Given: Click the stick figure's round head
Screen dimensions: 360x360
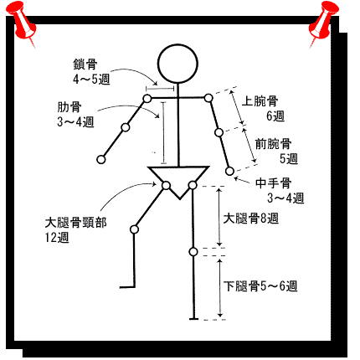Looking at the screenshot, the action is click(x=177, y=44).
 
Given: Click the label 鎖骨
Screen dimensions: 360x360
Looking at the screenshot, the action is click(x=85, y=64).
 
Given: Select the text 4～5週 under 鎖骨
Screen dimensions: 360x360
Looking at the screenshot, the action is click(x=91, y=80).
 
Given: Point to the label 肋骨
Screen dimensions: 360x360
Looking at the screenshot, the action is click(x=69, y=107).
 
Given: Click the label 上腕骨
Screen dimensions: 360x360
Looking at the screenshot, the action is click(x=260, y=100).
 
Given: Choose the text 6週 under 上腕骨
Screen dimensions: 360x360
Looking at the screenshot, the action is click(x=275, y=116).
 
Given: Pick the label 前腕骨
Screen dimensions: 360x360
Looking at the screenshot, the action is click(x=273, y=144).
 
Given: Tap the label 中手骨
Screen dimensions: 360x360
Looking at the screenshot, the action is click(x=274, y=183).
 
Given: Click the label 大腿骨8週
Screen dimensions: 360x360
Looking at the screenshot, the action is click(x=251, y=218).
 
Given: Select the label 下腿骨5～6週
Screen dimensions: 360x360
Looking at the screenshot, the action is click(x=260, y=285).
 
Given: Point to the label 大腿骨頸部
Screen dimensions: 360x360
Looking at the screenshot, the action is click(x=75, y=223).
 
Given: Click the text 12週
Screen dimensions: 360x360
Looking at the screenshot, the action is click(x=57, y=238).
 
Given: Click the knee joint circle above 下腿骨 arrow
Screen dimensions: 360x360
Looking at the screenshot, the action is click(x=193, y=252).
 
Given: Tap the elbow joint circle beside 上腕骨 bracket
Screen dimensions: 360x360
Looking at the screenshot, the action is click(x=219, y=132).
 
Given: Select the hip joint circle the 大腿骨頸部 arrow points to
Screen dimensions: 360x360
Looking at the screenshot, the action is click(x=166, y=185).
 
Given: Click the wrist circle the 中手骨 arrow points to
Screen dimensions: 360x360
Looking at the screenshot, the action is click(x=229, y=172).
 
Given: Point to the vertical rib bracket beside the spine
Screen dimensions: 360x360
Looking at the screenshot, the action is click(x=164, y=133).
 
